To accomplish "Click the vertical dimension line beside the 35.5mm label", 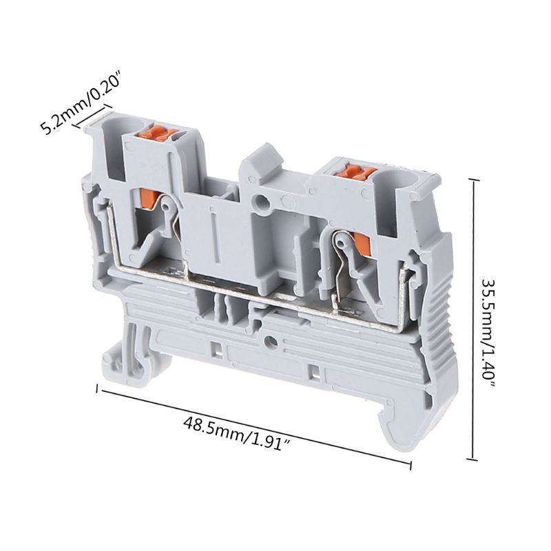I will click(x=472, y=318).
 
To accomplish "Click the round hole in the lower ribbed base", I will click(x=271, y=341).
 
